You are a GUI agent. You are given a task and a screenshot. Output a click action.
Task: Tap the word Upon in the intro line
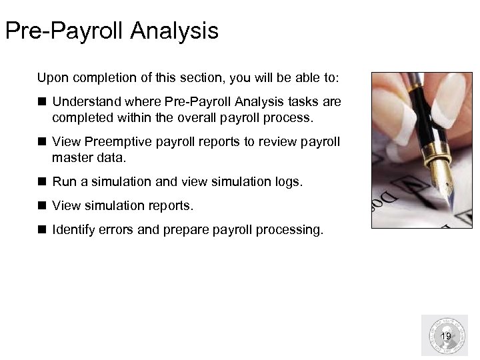[x=51, y=78]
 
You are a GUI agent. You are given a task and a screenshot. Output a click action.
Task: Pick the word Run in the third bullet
[x=64, y=181]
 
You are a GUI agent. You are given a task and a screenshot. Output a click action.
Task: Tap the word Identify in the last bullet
[x=73, y=230]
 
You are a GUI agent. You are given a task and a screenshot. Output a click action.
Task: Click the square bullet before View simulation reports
[x=41, y=205]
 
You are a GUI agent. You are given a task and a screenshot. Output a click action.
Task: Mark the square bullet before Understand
[x=41, y=102]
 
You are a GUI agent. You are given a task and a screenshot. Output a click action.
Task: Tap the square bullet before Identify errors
[x=41, y=230]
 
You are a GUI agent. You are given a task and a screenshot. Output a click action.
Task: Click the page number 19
[x=446, y=336]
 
